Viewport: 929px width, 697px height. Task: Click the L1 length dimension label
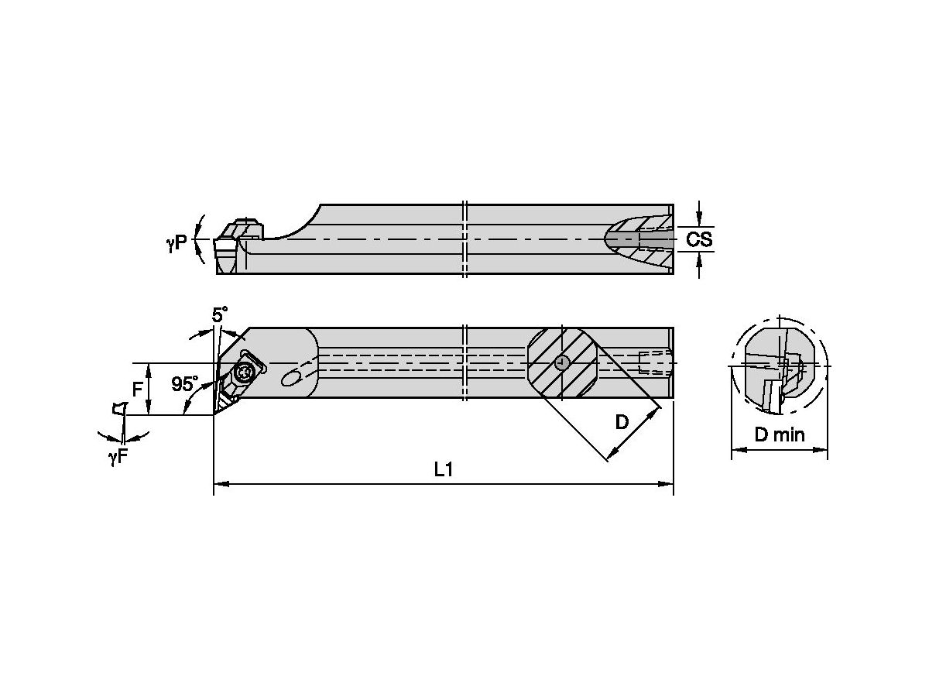coord(444,469)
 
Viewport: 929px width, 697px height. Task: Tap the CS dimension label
coord(699,239)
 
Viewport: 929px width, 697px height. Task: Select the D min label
coord(780,434)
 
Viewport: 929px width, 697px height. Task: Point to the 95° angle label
coord(185,384)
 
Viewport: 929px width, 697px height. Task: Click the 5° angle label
coord(220,315)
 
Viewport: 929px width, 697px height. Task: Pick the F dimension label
coord(137,390)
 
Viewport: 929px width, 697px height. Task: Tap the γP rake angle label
coord(177,243)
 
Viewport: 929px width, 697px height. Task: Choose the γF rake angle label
coord(118,457)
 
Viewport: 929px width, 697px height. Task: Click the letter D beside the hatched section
coord(622,421)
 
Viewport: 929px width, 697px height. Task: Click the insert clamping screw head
coord(244,372)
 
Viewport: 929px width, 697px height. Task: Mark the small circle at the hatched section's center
coord(561,362)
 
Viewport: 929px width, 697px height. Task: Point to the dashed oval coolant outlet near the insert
coord(292,378)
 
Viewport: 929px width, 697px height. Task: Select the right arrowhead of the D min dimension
coord(820,450)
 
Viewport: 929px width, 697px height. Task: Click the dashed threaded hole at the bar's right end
coord(656,362)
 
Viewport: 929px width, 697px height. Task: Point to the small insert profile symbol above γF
coord(120,408)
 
